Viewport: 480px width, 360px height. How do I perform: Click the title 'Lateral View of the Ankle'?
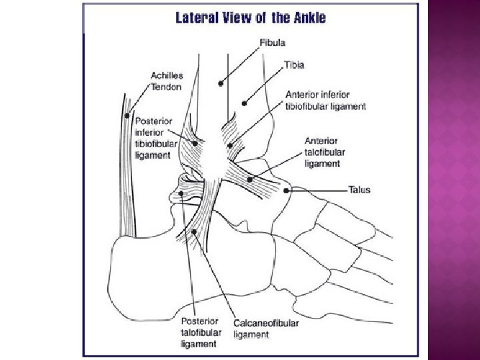(250, 19)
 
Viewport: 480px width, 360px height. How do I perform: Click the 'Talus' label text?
(359, 190)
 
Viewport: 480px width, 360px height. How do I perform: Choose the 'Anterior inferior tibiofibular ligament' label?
(325, 101)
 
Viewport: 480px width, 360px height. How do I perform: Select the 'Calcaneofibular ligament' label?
(266, 329)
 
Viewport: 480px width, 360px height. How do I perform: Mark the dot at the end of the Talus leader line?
(287, 191)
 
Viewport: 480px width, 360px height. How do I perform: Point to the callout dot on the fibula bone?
(220, 84)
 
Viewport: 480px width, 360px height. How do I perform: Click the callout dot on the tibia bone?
(245, 103)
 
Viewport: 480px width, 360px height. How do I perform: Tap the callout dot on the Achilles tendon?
(127, 115)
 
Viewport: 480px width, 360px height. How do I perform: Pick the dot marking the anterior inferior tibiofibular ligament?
(230, 145)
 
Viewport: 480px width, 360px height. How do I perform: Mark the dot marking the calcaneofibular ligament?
(195, 232)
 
